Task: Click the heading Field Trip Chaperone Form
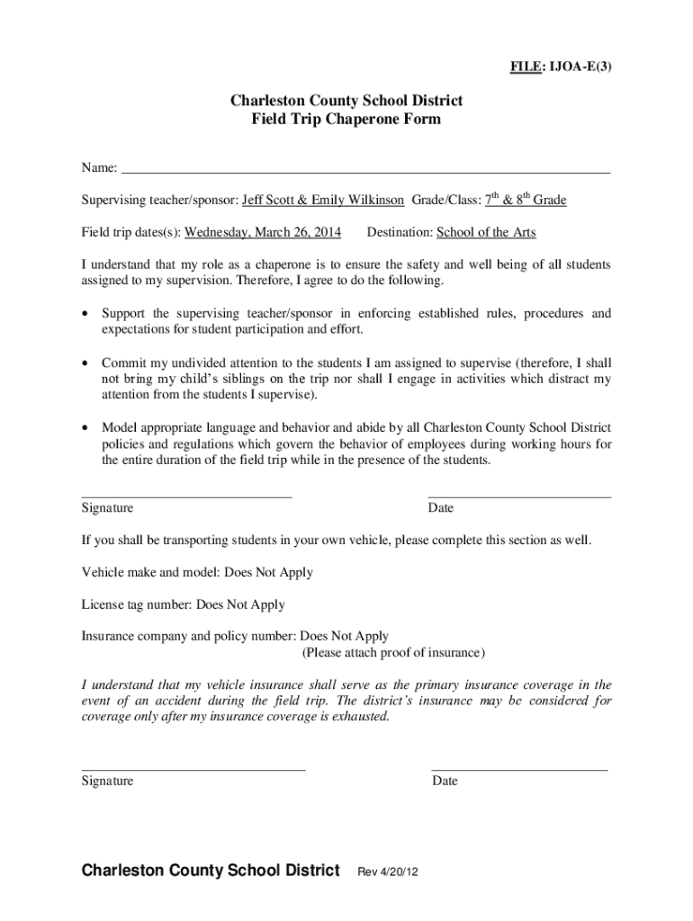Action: click(346, 119)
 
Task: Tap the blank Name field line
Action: click(365, 170)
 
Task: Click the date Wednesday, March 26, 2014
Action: click(263, 232)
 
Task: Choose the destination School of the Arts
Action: click(486, 232)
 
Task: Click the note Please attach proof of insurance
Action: click(393, 652)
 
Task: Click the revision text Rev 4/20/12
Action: click(389, 872)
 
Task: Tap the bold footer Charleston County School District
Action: click(211, 871)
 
